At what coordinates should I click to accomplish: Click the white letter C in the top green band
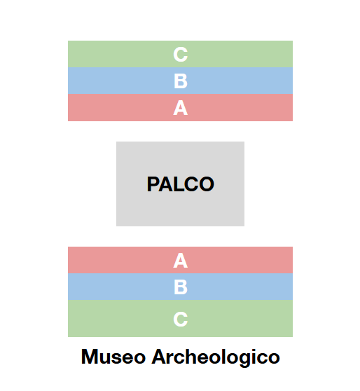pyautogui.click(x=180, y=55)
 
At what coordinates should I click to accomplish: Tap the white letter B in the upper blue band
pyautogui.click(x=181, y=81)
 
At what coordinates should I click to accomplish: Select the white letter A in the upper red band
pyautogui.click(x=180, y=108)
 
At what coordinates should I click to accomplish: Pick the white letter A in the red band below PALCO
pyautogui.click(x=180, y=261)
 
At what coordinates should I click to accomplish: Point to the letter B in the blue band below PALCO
pyautogui.click(x=181, y=287)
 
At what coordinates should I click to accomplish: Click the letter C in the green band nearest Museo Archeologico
pyautogui.click(x=180, y=319)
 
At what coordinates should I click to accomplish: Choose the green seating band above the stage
pyautogui.click(x=180, y=54)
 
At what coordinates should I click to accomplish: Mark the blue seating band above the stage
pyautogui.click(x=180, y=81)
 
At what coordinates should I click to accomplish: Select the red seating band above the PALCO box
pyautogui.click(x=180, y=107)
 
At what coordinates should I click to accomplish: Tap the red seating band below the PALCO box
pyautogui.click(x=180, y=260)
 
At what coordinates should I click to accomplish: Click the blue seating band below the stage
pyautogui.click(x=180, y=287)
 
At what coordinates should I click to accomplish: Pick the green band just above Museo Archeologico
pyautogui.click(x=180, y=318)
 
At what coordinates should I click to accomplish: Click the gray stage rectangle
pyautogui.click(x=180, y=184)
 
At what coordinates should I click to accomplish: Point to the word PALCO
pyautogui.click(x=181, y=184)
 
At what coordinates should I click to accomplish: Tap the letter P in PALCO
pyautogui.click(x=153, y=184)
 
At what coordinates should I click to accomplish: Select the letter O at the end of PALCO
pyautogui.click(x=207, y=184)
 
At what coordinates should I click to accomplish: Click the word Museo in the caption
pyautogui.click(x=113, y=357)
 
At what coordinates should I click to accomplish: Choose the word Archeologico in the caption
pyautogui.click(x=216, y=358)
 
